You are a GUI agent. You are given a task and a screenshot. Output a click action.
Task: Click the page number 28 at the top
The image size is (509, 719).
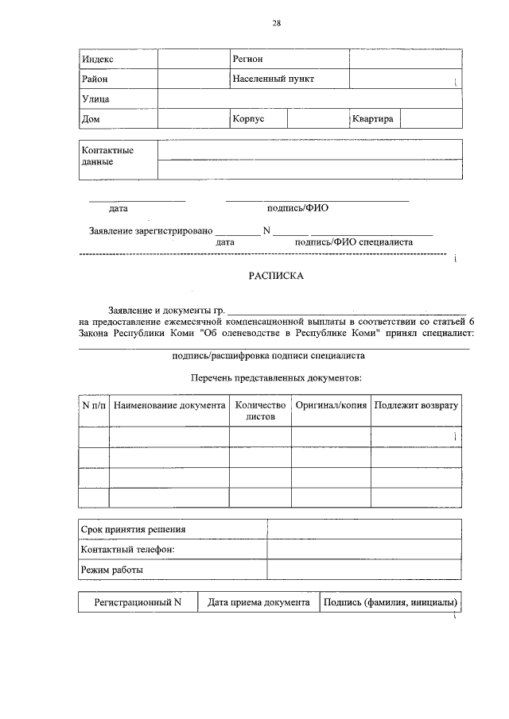(276, 23)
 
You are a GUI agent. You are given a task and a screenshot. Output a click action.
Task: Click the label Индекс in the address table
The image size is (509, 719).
(98, 60)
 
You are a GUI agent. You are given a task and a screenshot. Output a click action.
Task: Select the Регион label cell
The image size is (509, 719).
(247, 60)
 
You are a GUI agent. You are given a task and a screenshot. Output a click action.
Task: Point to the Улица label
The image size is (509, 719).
(95, 99)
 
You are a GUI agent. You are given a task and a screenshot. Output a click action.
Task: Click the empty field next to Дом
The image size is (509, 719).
(192, 119)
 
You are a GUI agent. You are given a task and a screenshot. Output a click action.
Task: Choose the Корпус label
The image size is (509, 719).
(248, 119)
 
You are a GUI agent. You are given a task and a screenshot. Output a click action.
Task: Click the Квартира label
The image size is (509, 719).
(373, 119)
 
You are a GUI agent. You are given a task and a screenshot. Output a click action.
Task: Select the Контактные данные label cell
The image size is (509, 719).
(107, 156)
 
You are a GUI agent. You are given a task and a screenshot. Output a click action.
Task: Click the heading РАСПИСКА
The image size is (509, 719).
(276, 277)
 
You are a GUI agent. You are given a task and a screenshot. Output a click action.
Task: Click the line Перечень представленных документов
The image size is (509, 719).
(277, 377)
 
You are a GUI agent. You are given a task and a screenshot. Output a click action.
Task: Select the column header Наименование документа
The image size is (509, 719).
(169, 405)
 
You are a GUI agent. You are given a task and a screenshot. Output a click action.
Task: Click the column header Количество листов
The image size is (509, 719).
(260, 411)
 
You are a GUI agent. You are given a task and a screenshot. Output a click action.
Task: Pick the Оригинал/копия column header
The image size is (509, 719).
(331, 405)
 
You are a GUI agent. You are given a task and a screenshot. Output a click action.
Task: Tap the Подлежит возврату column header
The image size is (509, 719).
(416, 405)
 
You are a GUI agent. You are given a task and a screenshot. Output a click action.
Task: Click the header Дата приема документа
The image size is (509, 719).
(258, 603)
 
